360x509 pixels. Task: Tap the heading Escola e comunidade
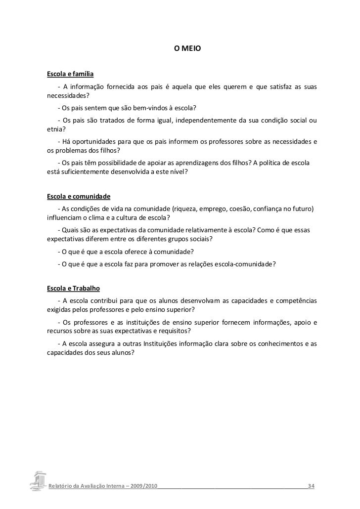pyautogui.click(x=79, y=196)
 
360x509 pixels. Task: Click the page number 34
pyautogui.click(x=311, y=487)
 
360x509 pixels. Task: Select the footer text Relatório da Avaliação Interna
pyautogui.click(x=87, y=487)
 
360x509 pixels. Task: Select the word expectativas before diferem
pyautogui.click(x=67, y=239)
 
